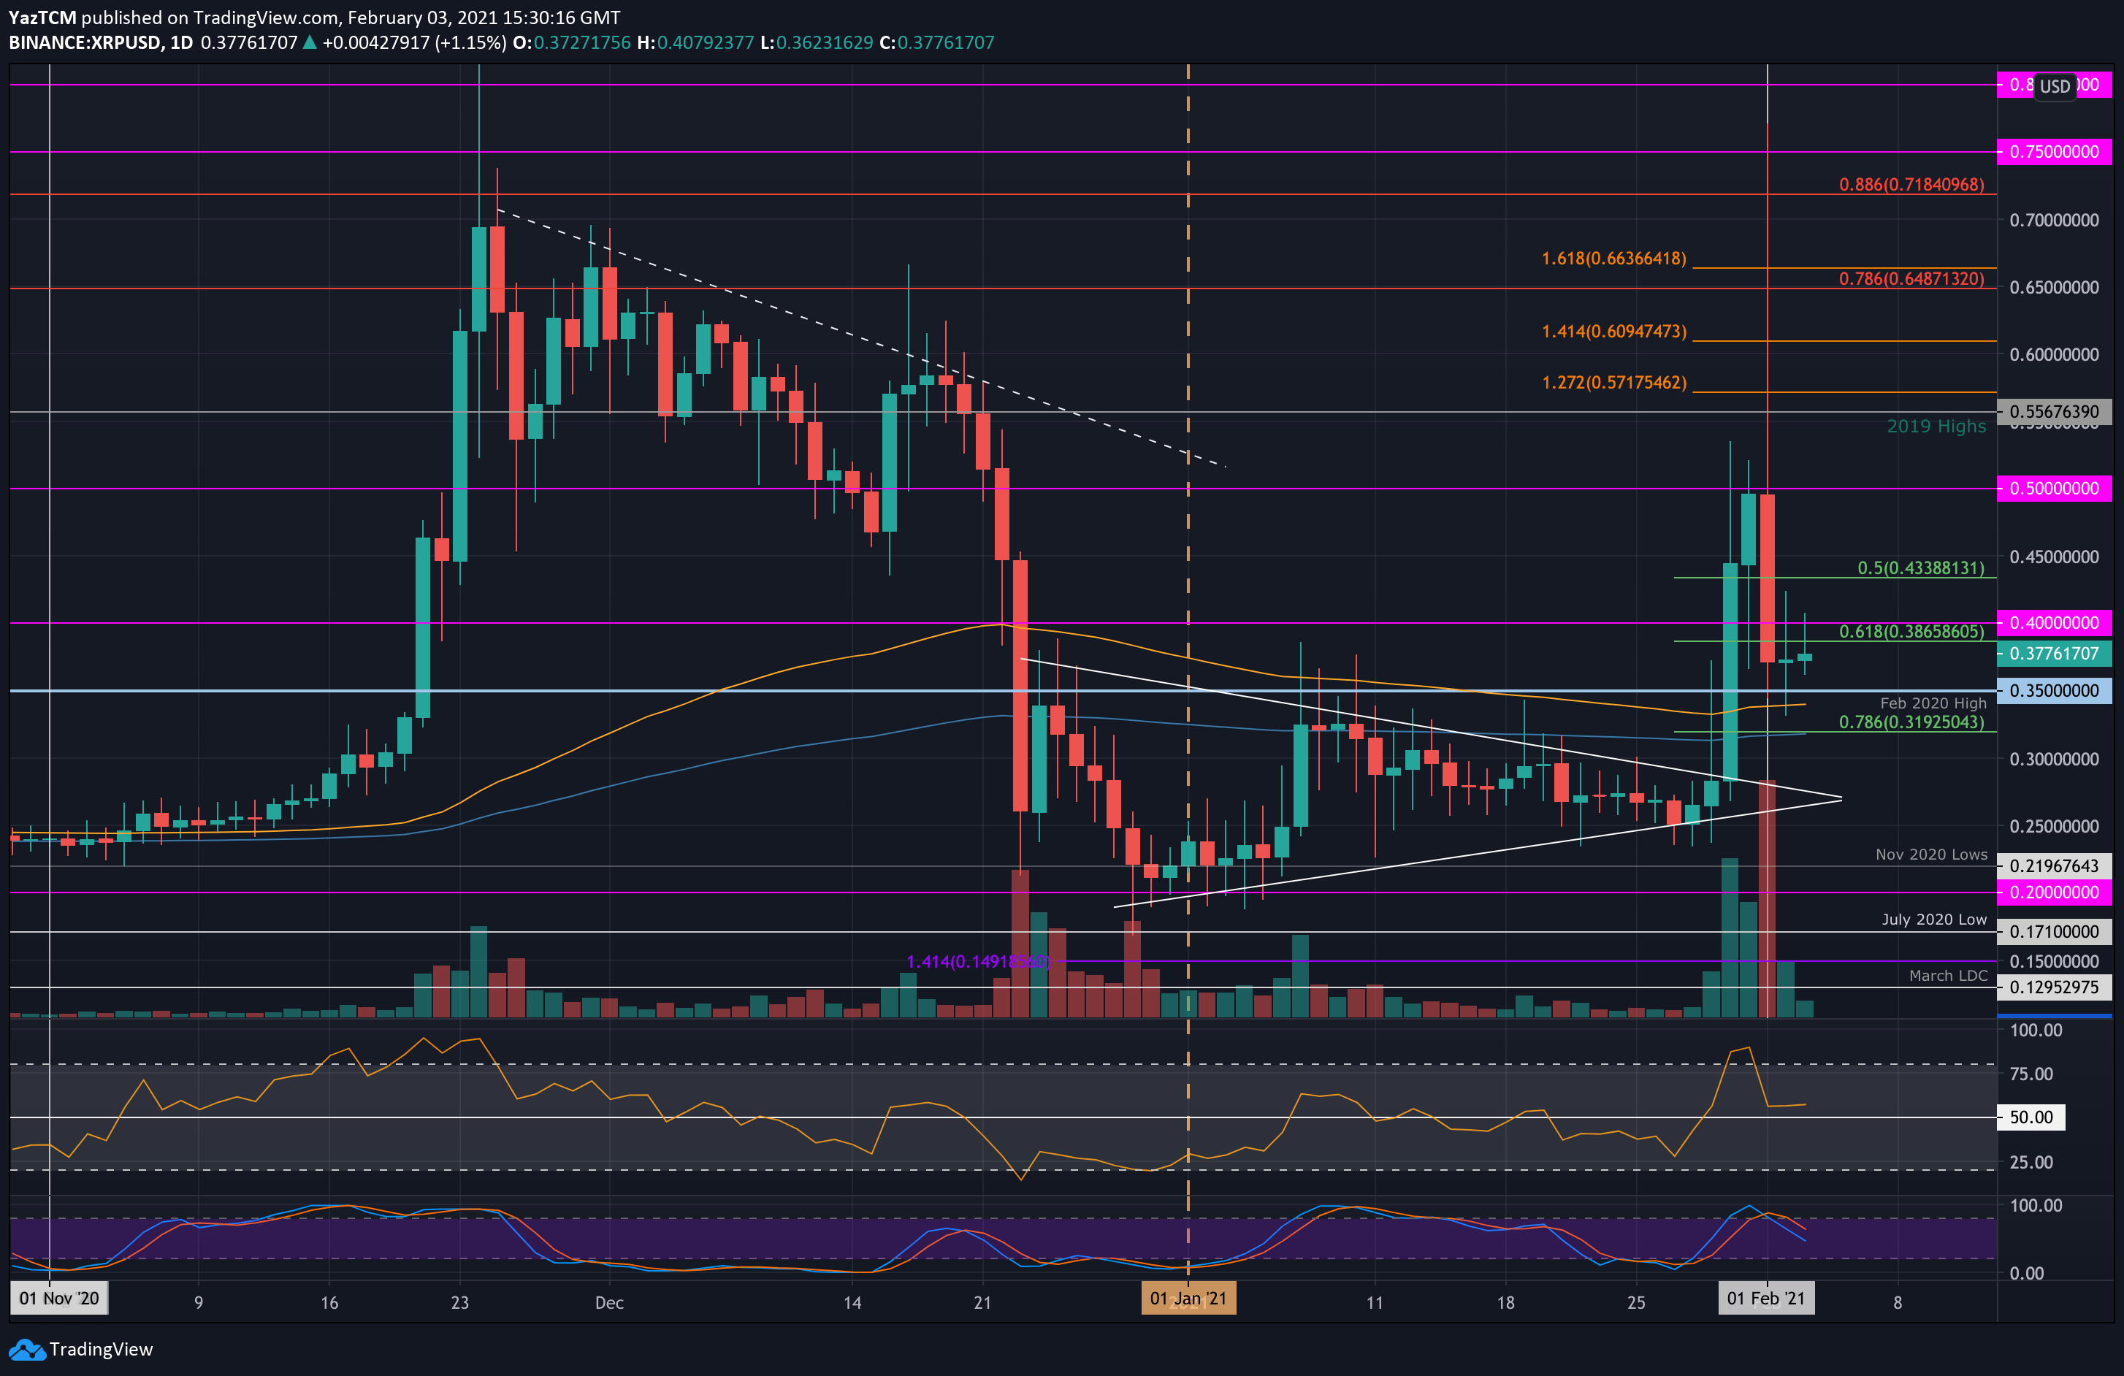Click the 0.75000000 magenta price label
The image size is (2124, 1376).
pos(2053,152)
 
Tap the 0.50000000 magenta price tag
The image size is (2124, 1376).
pos(2053,488)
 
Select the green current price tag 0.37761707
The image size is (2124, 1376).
pos(2053,653)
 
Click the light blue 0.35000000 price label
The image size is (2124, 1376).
pos(2053,691)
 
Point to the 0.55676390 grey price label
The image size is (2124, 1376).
pos(2053,411)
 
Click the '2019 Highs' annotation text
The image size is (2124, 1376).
pos(1936,427)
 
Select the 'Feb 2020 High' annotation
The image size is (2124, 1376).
pos(1933,703)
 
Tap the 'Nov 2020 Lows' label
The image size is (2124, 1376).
pos(1931,855)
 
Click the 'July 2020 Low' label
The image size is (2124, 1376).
pos(1934,919)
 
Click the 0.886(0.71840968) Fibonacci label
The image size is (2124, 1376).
pos(1911,185)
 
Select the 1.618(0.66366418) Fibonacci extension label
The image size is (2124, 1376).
pos(1613,259)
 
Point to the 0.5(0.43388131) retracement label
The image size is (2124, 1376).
pos(1920,568)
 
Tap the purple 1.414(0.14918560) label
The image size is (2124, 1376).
pos(978,962)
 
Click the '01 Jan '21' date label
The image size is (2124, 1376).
pos(1188,1299)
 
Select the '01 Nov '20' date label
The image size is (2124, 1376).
pos(60,1299)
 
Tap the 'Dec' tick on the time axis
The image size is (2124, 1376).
pos(610,1303)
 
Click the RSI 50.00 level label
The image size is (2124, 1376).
pos(2031,1117)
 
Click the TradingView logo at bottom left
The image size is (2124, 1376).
pos(81,1349)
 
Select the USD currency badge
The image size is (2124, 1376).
pos(2055,87)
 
